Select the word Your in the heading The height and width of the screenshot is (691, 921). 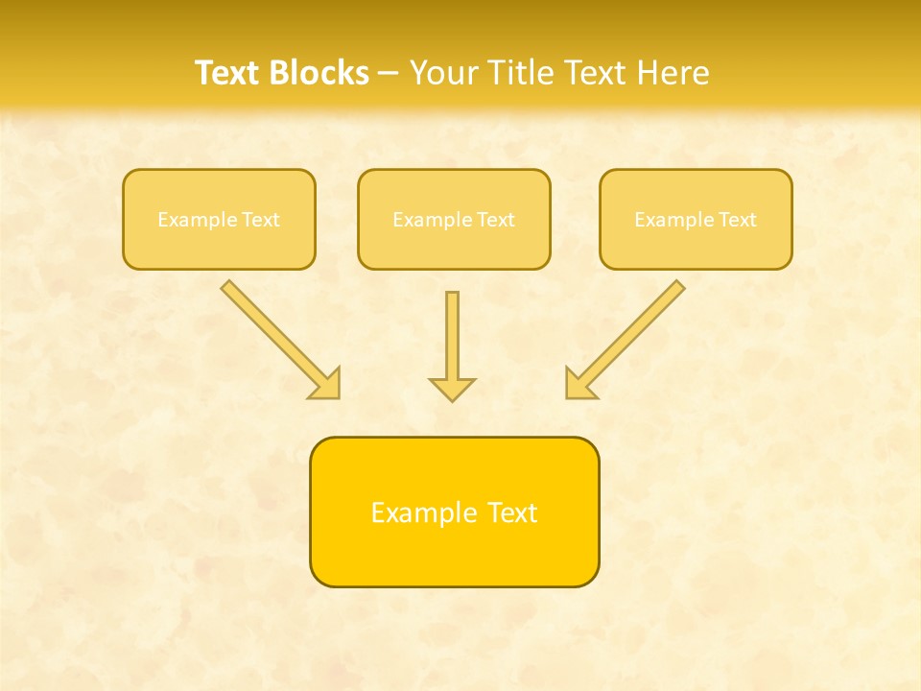(444, 73)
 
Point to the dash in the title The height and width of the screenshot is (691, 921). (389, 74)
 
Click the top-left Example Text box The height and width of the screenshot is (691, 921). (219, 219)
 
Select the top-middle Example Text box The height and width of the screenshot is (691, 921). (454, 219)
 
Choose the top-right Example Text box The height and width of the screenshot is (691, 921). (696, 219)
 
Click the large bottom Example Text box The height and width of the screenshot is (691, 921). (454, 512)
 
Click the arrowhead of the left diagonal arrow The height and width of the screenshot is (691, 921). (326, 383)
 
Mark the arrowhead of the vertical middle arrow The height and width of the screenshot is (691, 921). (452, 389)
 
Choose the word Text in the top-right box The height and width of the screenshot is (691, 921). (738, 220)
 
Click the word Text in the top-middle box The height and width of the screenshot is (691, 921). (496, 220)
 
